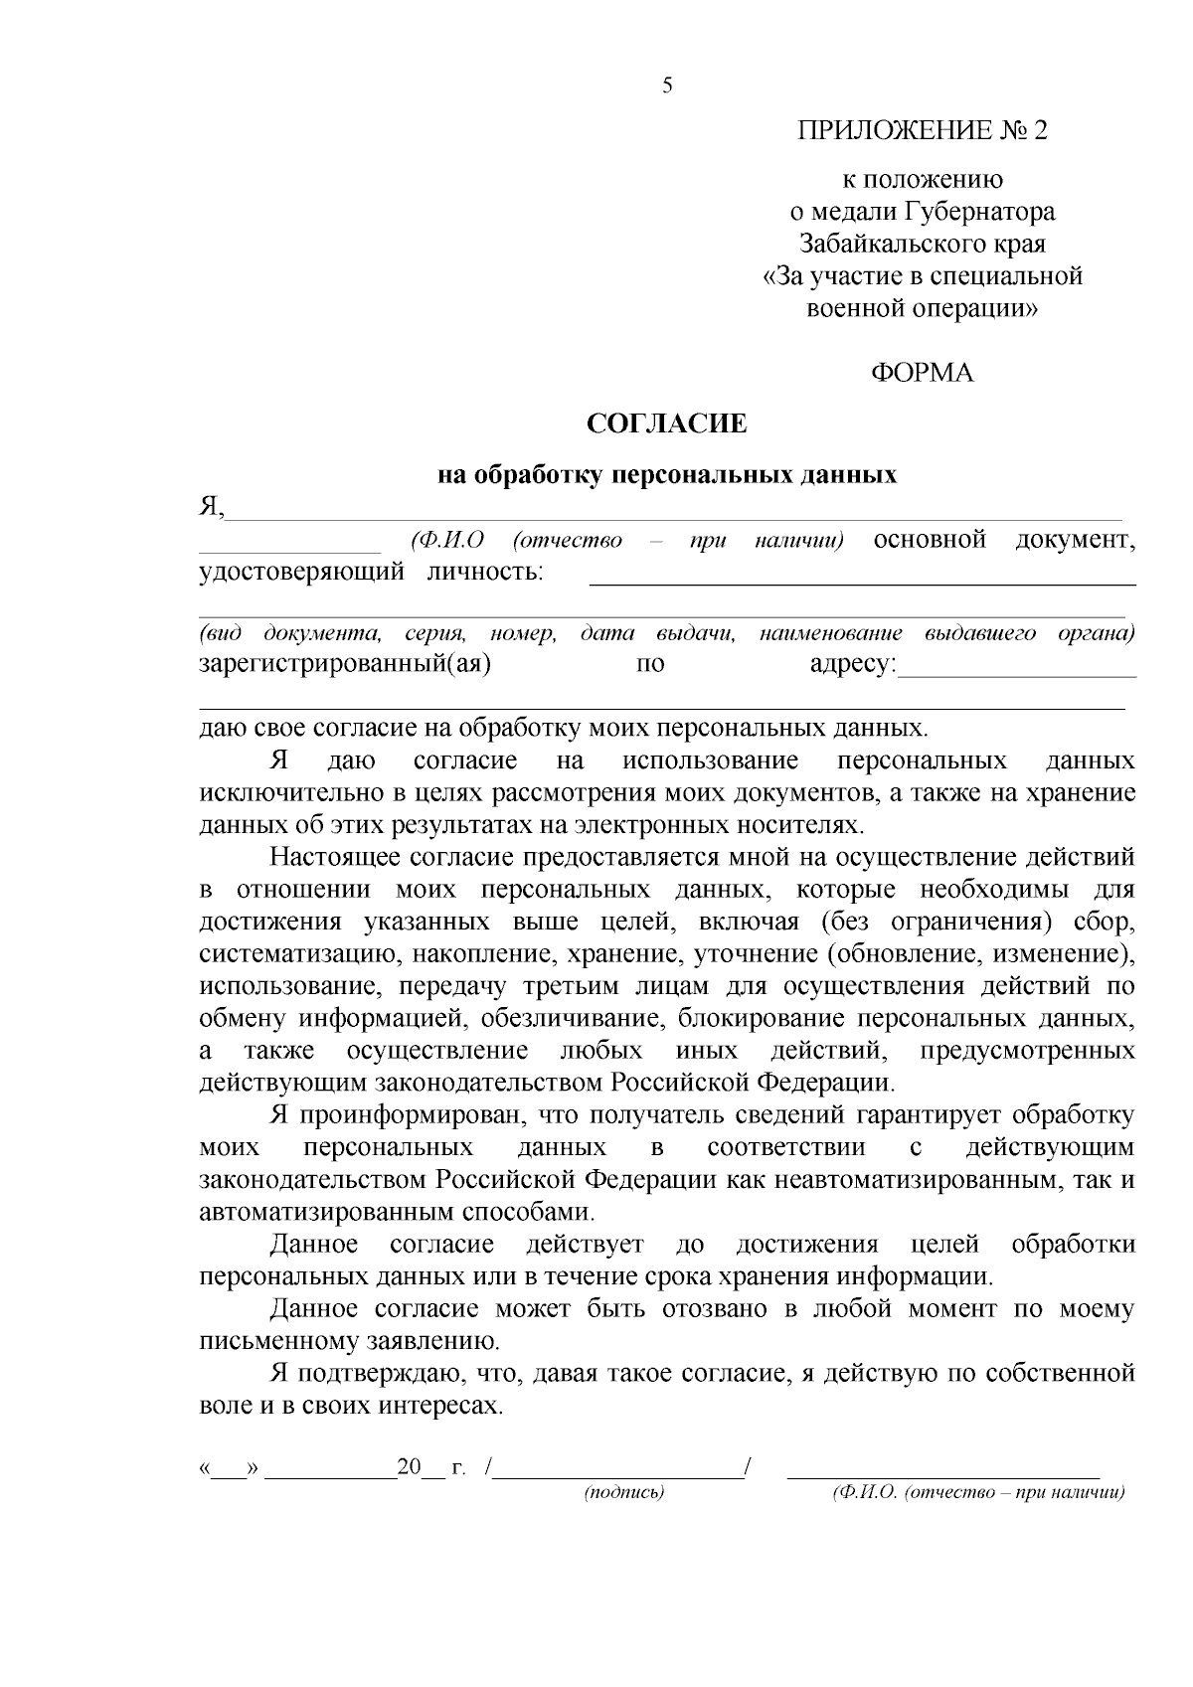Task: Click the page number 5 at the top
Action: [x=667, y=85]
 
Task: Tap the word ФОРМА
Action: [x=922, y=373]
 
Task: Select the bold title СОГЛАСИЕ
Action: [x=666, y=424]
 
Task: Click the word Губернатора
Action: [x=979, y=212]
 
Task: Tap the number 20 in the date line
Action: [x=409, y=1467]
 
